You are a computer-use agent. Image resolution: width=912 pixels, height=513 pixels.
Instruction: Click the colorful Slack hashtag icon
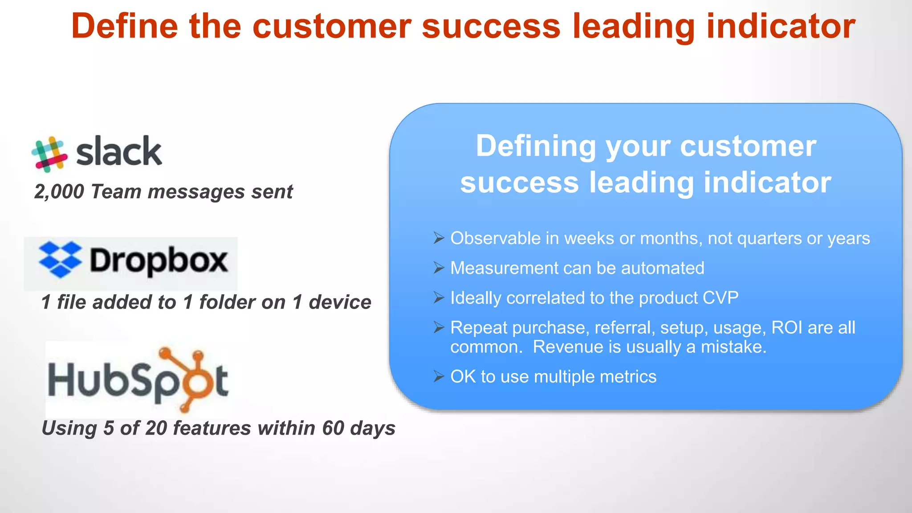click(x=49, y=154)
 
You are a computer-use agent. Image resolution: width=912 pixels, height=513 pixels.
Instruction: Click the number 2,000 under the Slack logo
click(x=59, y=192)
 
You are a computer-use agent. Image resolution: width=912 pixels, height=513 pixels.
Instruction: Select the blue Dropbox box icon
click(x=60, y=260)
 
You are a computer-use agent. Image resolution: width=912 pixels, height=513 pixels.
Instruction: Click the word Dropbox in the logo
click(x=159, y=261)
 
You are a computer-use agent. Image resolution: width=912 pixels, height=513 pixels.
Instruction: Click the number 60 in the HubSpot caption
click(x=333, y=428)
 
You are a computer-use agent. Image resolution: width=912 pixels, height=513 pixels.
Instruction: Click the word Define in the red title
click(x=124, y=26)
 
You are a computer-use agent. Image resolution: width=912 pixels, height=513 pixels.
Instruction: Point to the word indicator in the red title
click(x=781, y=26)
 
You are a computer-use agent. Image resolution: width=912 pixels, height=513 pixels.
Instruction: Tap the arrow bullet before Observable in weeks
click(x=439, y=238)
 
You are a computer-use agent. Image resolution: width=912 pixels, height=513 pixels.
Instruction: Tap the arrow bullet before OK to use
click(x=439, y=377)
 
